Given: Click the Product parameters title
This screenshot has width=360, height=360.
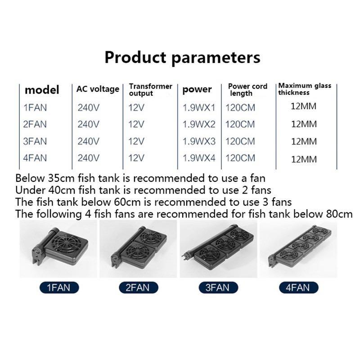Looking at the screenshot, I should tap(182, 58).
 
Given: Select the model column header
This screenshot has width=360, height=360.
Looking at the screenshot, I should tap(42, 90).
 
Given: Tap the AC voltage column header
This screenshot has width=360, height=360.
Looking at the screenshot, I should tap(98, 89).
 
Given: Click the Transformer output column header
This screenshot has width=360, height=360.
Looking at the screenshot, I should tap(150, 90).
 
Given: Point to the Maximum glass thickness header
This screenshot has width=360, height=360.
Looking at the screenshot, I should tap(304, 89).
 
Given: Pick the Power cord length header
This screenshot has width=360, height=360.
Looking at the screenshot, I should tap(247, 90).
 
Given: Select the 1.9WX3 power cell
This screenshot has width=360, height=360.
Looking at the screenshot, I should tap(199, 141).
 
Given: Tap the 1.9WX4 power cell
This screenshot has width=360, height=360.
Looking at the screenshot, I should tap(199, 158).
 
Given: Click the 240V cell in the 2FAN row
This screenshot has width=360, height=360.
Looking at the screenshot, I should tap(88, 124).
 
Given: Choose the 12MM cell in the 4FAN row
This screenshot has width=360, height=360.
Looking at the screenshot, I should tap(304, 159).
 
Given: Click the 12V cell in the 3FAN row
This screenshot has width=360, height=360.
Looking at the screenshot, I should tap(136, 141).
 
